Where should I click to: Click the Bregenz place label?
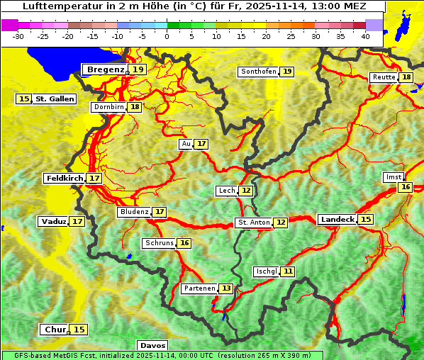coord(105,69)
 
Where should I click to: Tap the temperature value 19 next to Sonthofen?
coord(287,72)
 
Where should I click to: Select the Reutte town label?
coord(384,77)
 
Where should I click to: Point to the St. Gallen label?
coord(55,99)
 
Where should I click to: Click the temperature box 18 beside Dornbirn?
coord(135,107)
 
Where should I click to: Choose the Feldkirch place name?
coord(65,178)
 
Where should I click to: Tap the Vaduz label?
coord(54,221)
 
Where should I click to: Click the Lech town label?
coord(226,191)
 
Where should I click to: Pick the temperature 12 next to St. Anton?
coord(281,223)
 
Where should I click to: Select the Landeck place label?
coord(337,220)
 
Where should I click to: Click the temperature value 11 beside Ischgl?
coord(287,271)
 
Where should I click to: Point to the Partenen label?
coord(198,288)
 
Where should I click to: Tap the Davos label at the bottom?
coord(148,345)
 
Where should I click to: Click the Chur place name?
coord(55,330)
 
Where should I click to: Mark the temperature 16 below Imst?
coord(405,187)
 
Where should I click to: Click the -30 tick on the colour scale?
coord(18,36)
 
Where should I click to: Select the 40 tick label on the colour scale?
coord(365,36)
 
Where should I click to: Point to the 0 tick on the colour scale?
coord(167,36)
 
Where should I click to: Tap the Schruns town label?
coord(159,243)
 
